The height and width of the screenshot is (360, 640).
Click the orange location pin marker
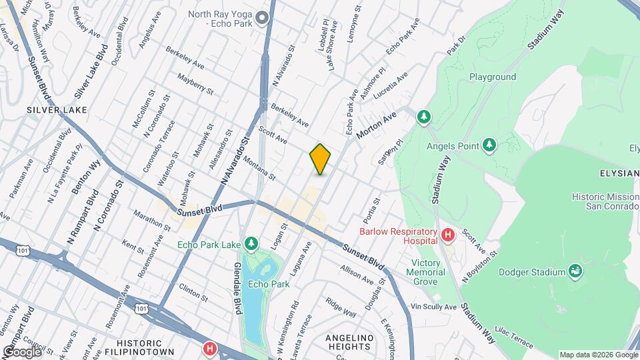(x=320, y=159)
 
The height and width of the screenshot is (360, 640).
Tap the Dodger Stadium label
(x=534, y=271)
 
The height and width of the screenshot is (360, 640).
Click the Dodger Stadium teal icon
(x=575, y=271)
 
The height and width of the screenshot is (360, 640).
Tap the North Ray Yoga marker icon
(x=263, y=18)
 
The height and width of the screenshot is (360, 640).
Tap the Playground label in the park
(x=493, y=77)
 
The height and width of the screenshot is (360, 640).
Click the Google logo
(x=21, y=351)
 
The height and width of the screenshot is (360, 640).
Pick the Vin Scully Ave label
(x=434, y=307)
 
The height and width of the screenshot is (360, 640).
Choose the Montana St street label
(x=259, y=168)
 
